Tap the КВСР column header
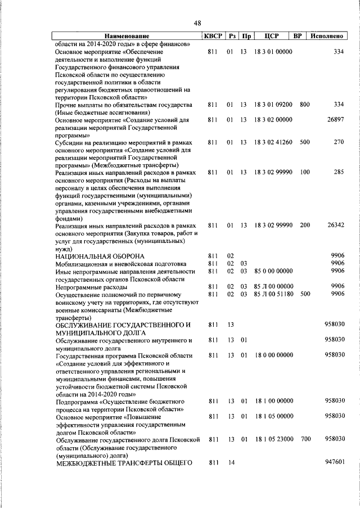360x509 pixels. click(x=213, y=37)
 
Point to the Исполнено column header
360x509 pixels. click(x=327, y=37)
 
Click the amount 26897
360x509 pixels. click(x=335, y=120)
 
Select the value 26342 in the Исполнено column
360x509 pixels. click(x=335, y=225)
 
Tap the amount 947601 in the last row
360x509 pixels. click(x=334, y=462)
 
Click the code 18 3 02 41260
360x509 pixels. click(x=273, y=142)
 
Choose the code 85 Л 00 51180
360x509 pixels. click(x=273, y=294)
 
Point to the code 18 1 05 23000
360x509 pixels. click(x=273, y=439)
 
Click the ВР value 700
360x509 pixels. click(x=305, y=439)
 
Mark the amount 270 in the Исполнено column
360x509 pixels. click(x=338, y=142)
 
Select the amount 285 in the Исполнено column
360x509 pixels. click(x=338, y=172)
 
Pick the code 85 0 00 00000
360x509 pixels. click(x=273, y=271)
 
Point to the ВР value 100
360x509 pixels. click(x=305, y=172)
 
